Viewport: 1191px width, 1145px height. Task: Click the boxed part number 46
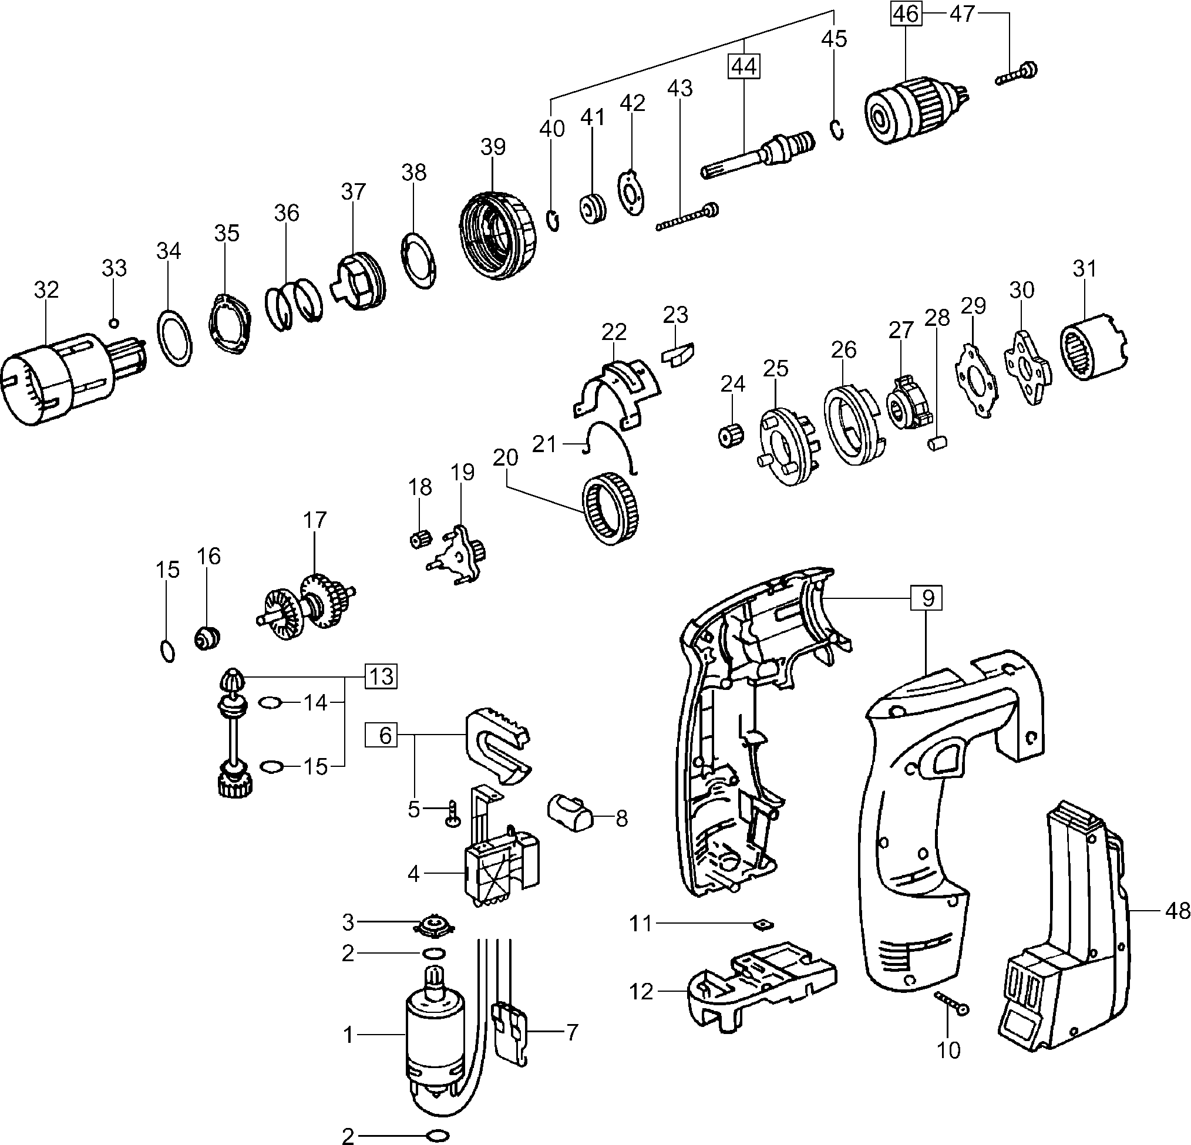[906, 14]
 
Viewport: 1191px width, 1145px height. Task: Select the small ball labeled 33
[113, 321]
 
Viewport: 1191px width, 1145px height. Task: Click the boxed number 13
[382, 676]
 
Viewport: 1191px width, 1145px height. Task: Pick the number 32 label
[46, 289]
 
